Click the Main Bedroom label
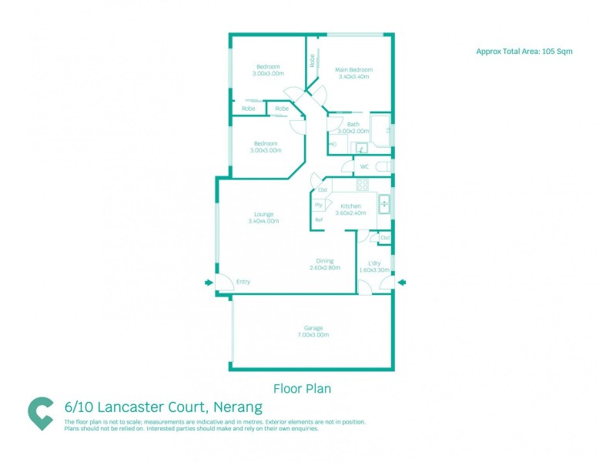(x=352, y=69)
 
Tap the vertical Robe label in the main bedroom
(x=313, y=60)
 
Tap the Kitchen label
(x=350, y=206)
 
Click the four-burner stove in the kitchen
(x=362, y=185)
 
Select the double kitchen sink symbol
(x=384, y=204)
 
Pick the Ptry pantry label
(x=318, y=205)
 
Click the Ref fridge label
(x=318, y=220)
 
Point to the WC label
(x=364, y=166)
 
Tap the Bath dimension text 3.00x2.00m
(x=353, y=132)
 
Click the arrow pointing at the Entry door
(x=208, y=283)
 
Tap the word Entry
(x=243, y=282)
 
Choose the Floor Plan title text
(x=303, y=389)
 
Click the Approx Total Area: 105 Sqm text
(x=524, y=51)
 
